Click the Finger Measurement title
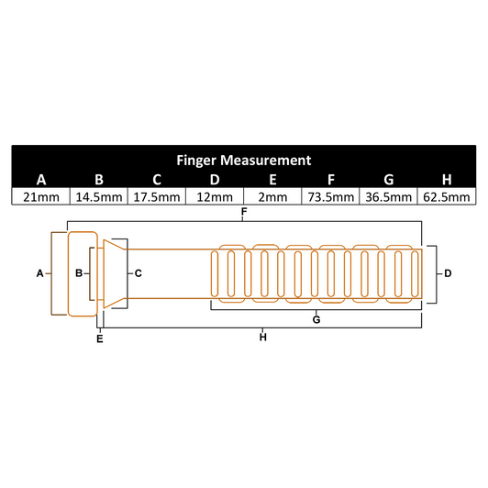pos(243,159)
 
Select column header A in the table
pos(40,179)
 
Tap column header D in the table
pos(214,179)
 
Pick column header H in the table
pos(446,179)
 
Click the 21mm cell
pos(40,196)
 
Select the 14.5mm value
pos(98,196)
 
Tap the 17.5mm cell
pos(156,196)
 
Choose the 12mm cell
pos(214,196)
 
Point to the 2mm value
pos(272,196)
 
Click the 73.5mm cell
pos(329,196)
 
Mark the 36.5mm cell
pos(388,196)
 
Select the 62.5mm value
pos(446,196)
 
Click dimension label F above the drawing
pos(243,213)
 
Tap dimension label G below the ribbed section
pos(316,319)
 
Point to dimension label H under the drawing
pos(263,338)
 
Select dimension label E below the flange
pos(100,339)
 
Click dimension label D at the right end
pos(447,273)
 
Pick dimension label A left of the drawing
pos(39,273)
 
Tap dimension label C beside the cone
pos(138,273)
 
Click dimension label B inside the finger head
pos(79,273)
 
